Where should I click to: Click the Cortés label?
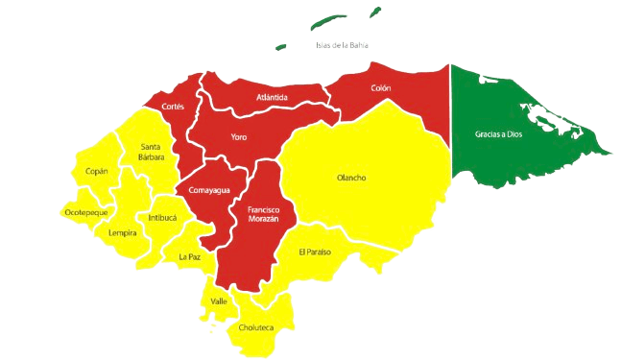tap(173, 106)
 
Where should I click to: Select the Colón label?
tap(380, 88)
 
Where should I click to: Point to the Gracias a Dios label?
tap(499, 134)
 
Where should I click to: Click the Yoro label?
tap(239, 136)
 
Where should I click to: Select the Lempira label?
tap(122, 232)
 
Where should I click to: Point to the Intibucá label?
tap(161, 217)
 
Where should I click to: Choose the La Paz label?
tap(189, 256)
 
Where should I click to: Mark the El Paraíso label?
tap(314, 252)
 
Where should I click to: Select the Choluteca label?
tap(256, 328)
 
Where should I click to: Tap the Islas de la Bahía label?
tap(342, 45)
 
